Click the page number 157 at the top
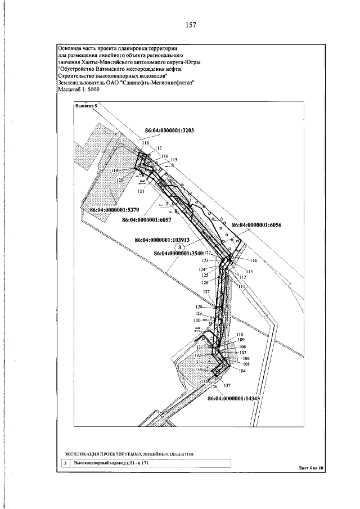190,25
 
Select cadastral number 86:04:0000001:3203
169,130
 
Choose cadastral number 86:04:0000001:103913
168,239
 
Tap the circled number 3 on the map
179,247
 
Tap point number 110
240,335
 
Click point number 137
227,386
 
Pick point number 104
242,371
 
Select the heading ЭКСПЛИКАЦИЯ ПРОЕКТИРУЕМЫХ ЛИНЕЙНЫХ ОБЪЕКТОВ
128,452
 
